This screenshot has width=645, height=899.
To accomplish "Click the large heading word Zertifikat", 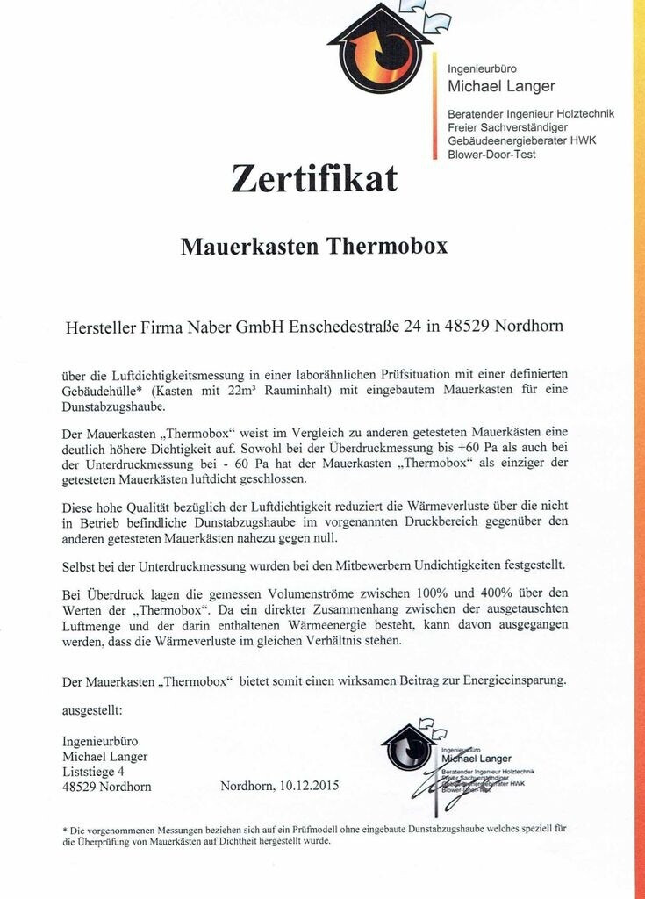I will point(313,178).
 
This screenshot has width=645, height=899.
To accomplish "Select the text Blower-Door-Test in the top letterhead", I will point(491,155).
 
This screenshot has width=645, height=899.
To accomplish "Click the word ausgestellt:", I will point(93,708).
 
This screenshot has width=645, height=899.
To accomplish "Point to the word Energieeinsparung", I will point(507,680).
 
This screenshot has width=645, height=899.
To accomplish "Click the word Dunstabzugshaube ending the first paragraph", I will point(114,406).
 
